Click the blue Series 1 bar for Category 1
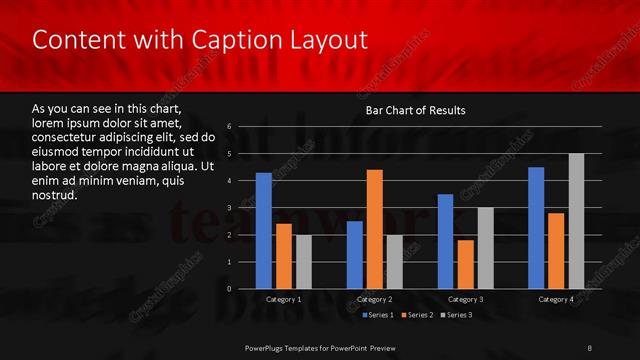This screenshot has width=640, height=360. pos(263,231)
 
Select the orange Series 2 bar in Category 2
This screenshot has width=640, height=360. pos(375,229)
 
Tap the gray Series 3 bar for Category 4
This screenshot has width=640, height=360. pos(576,221)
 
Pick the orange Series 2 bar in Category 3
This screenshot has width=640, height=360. pos(466,264)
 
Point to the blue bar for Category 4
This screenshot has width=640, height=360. pos(536,228)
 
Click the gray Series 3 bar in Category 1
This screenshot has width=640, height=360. pos(303,262)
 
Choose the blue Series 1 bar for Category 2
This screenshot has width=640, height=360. pos(355,255)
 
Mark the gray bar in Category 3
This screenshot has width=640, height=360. pos(486,248)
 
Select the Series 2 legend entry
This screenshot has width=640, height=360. pos(417,315)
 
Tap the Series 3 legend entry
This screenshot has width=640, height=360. pos(458,315)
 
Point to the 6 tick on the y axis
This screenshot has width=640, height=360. pos(230,127)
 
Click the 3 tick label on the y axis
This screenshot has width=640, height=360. pos(230,208)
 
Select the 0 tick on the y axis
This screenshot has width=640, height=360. pos(230,289)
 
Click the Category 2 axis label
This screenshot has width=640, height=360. pos(375,299)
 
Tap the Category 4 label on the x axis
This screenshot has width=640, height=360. pos(556,299)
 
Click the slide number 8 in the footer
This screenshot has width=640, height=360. pos(590,346)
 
